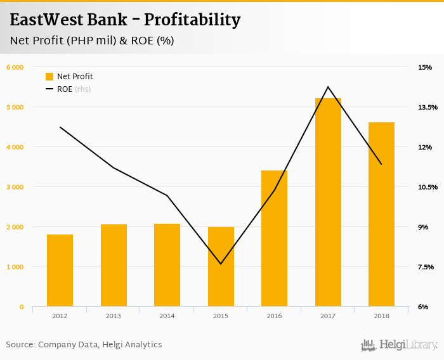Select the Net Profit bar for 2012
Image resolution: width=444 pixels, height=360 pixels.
[60, 271]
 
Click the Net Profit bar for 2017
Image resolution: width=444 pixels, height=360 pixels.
[328, 203]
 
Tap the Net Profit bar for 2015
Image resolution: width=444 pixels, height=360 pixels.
[221, 267]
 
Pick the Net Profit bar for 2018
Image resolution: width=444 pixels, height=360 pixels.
[381, 215]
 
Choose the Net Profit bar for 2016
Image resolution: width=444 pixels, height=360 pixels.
[274, 238]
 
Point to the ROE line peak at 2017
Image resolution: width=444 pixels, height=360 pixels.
[328, 87]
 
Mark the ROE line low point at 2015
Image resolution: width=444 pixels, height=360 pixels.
[221, 264]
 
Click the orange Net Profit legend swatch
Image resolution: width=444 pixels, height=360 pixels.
[49, 77]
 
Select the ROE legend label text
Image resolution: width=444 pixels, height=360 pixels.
[65, 89]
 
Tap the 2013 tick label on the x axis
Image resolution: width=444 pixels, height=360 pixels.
[114, 316]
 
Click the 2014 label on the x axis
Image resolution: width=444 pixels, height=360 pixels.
[167, 316]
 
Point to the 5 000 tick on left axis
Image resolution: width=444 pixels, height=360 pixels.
[15, 107]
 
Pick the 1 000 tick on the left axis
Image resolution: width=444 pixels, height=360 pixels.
[15, 267]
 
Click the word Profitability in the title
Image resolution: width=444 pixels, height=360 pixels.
[192, 20]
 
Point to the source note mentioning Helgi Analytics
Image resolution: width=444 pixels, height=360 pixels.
[84, 345]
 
